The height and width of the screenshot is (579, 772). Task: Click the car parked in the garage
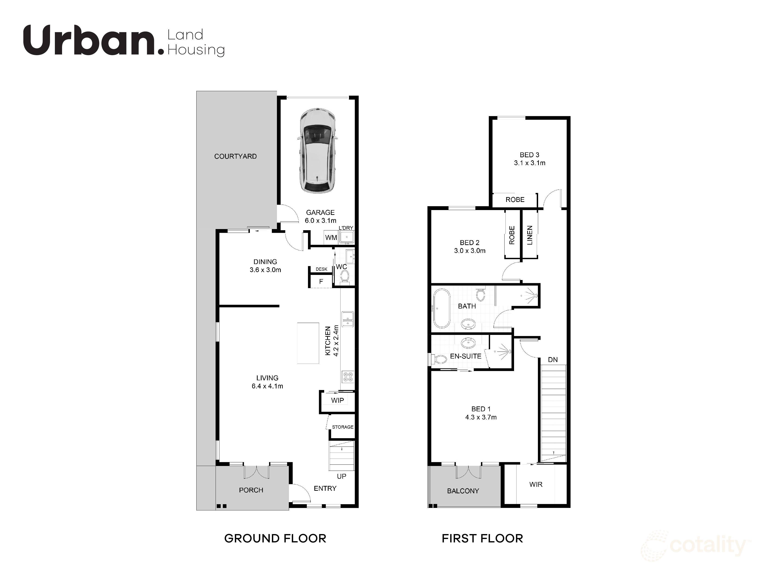click(x=317, y=150)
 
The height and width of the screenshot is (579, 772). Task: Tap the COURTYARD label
click(x=235, y=156)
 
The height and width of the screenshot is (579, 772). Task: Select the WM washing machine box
click(x=331, y=238)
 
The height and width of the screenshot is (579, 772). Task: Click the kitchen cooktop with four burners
click(x=348, y=377)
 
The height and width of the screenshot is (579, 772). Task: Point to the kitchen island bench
click(x=308, y=343)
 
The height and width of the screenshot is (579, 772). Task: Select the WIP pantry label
click(x=337, y=400)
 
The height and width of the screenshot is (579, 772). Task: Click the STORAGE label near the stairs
click(x=342, y=427)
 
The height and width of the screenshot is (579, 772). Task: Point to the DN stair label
click(x=552, y=359)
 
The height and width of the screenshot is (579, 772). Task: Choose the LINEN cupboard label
click(x=529, y=235)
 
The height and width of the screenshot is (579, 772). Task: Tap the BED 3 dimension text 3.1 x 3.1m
click(x=529, y=163)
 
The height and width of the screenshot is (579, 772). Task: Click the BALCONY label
click(x=463, y=491)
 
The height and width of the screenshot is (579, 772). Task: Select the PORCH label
click(x=251, y=490)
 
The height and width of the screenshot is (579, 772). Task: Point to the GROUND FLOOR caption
click(x=275, y=538)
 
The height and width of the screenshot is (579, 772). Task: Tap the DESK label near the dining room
click(x=321, y=269)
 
